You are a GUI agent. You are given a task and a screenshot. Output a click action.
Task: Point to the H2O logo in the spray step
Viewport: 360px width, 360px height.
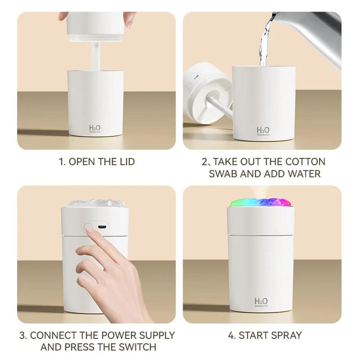(261, 301)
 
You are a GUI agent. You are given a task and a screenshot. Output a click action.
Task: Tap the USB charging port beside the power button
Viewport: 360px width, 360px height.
(102, 226)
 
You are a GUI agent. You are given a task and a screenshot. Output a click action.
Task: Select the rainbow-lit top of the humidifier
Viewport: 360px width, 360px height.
(261, 201)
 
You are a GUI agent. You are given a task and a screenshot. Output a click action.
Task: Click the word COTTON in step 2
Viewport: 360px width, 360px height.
(307, 162)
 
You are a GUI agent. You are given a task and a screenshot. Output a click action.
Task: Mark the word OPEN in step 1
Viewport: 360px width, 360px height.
(83, 162)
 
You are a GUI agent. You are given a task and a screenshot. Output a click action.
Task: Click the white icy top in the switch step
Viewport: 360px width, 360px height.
(96, 203)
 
